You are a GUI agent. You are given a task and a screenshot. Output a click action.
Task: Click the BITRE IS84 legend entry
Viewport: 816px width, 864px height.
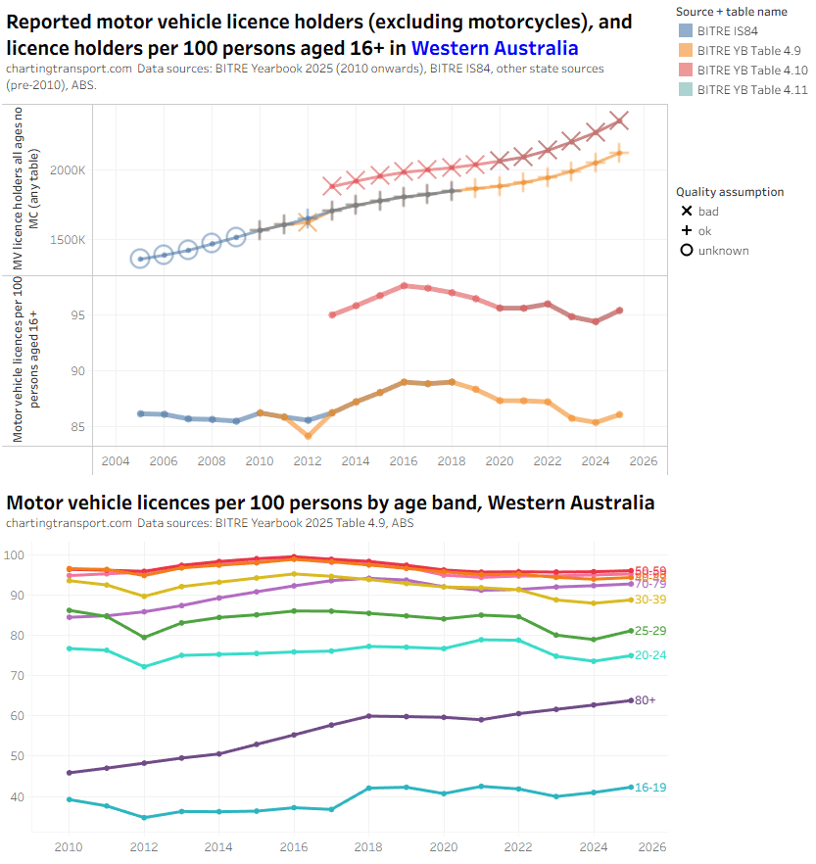click(x=725, y=30)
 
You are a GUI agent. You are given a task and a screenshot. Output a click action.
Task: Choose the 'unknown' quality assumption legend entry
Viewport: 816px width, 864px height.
click(x=716, y=251)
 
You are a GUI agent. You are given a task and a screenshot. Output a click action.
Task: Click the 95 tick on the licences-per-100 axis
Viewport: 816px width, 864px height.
click(x=77, y=315)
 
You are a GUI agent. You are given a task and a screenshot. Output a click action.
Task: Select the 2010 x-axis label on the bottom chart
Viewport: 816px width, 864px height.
click(x=69, y=847)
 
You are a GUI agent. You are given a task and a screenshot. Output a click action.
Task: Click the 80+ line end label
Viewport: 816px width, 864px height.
click(x=645, y=700)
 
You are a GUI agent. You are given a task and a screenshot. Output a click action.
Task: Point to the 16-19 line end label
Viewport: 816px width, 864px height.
click(x=650, y=788)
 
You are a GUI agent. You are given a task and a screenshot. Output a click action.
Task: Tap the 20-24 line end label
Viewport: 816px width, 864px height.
click(x=650, y=655)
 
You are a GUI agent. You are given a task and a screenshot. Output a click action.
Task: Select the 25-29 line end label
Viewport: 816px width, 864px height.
click(x=650, y=631)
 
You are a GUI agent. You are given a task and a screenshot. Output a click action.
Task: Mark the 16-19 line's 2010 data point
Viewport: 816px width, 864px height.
click(x=69, y=799)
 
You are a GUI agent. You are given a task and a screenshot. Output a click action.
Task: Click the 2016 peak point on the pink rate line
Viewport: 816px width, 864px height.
click(x=404, y=286)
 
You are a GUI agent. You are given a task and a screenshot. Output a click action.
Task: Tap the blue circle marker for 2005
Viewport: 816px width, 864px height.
click(x=140, y=259)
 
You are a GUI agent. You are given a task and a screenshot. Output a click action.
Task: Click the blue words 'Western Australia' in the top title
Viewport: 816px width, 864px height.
click(x=495, y=48)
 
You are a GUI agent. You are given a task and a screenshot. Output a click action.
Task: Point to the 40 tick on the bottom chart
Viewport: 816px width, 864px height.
click(x=42, y=796)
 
